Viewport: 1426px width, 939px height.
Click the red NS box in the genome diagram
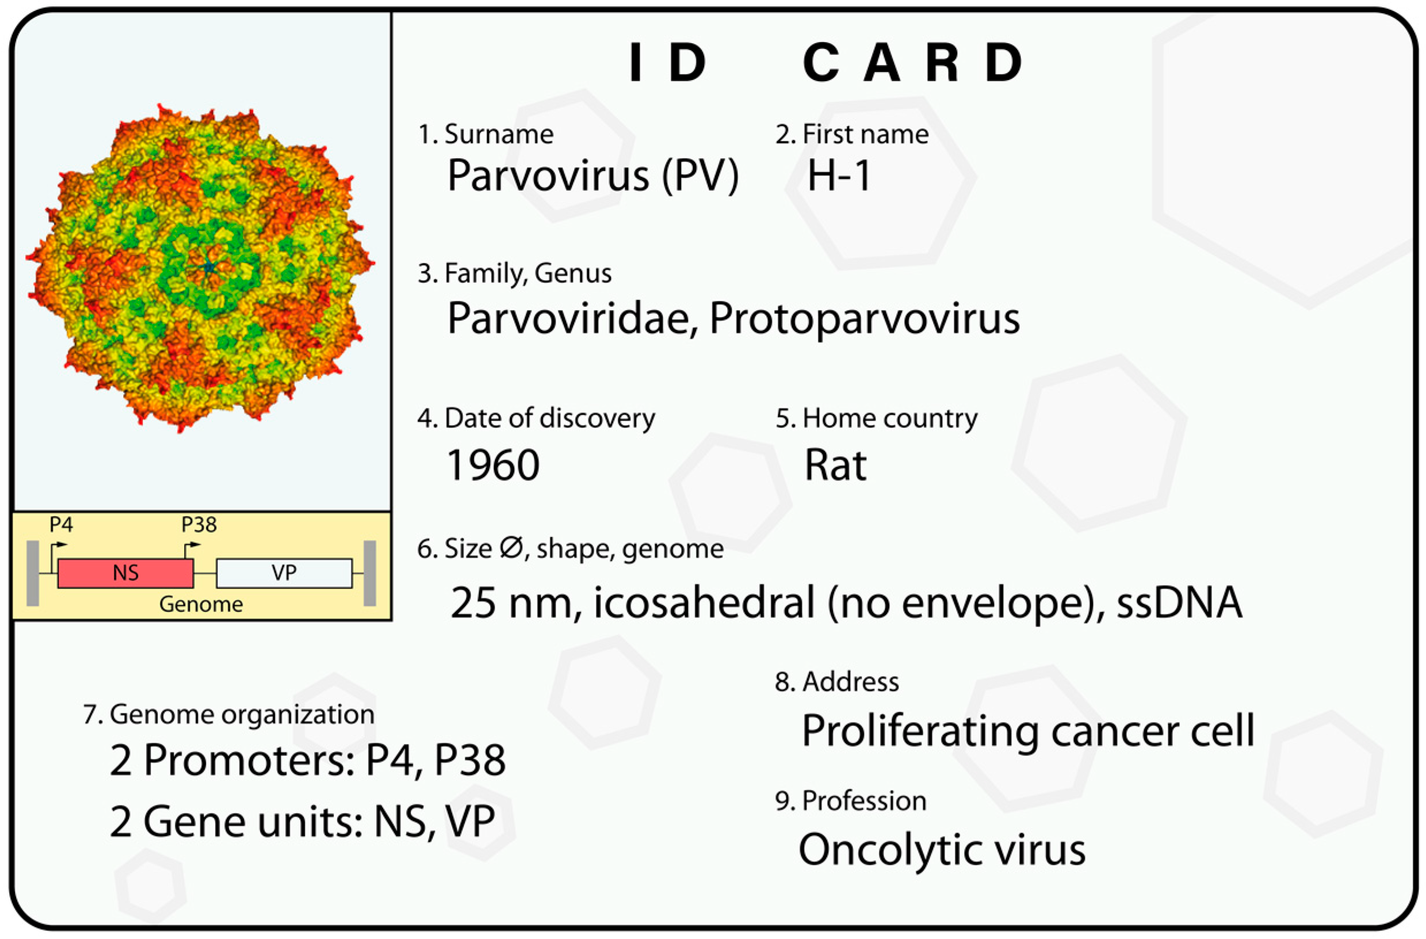[x=125, y=574]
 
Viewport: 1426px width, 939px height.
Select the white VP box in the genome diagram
[x=284, y=574]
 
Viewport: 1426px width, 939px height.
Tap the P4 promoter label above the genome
[x=61, y=525]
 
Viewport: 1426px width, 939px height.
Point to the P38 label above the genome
[x=199, y=525]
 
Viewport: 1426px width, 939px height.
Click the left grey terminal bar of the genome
[x=33, y=574]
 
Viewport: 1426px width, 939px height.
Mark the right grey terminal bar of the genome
[x=370, y=574]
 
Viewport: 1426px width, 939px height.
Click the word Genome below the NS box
[x=201, y=604]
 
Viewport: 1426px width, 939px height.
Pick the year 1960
[x=492, y=465]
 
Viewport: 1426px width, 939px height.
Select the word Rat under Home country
[x=835, y=465]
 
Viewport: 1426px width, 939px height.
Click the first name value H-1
[x=839, y=176]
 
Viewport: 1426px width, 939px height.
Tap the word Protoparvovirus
[x=864, y=318]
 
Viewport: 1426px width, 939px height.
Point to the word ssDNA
[x=1179, y=602]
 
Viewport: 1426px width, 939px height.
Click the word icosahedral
[x=704, y=602]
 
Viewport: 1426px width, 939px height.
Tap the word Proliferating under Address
[x=920, y=731]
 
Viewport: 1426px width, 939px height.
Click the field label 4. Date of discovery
[x=536, y=418]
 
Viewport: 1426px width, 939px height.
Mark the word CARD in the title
[x=912, y=63]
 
